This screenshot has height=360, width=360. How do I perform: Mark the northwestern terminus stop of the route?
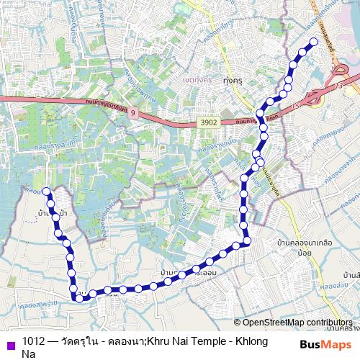[47, 191]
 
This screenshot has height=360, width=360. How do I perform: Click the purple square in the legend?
[10, 342]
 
